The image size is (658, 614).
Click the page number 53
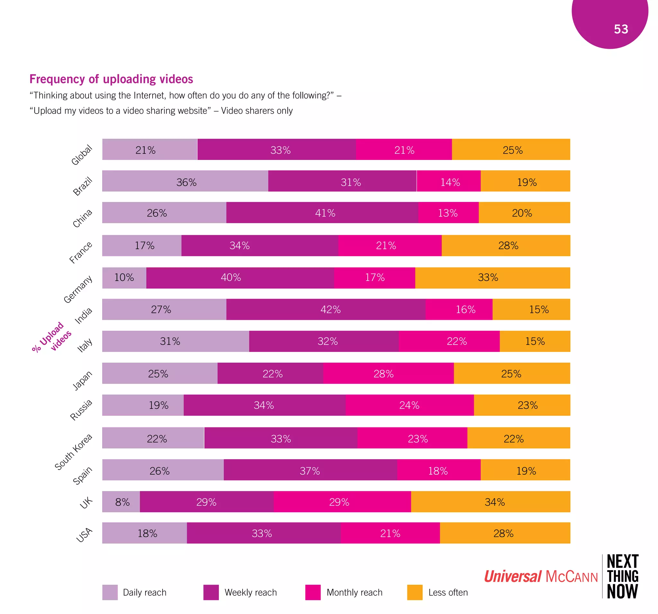(621, 29)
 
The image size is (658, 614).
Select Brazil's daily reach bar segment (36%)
(185, 181)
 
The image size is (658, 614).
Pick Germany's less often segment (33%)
(492, 277)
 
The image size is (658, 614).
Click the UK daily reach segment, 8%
(121, 502)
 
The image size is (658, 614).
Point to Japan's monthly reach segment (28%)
(388, 373)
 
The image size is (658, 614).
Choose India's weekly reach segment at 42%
(326, 309)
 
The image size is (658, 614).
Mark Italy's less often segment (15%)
(535, 341)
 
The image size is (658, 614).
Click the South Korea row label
(74, 452)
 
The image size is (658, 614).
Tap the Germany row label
(78, 289)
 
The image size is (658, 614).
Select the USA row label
(84, 535)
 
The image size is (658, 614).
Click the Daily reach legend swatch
(110, 592)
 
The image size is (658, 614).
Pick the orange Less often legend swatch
(415, 592)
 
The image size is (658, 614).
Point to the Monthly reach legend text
(354, 592)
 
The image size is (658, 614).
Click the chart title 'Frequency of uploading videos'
(111, 79)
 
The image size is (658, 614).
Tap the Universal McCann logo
(540, 576)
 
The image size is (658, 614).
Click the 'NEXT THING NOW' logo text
(622, 576)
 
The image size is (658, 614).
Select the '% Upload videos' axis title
(51, 337)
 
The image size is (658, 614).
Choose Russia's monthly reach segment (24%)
(409, 405)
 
